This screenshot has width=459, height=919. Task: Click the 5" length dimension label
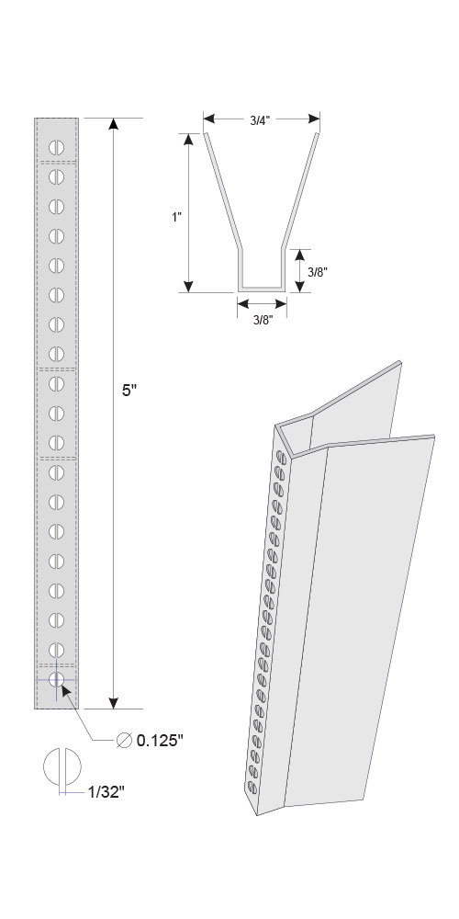(129, 391)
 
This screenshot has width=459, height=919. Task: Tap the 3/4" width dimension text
(260, 120)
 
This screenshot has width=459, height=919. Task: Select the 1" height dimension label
(176, 217)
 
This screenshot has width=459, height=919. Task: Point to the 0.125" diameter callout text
(161, 740)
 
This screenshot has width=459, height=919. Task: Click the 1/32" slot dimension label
(106, 792)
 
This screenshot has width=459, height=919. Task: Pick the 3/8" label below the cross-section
(262, 321)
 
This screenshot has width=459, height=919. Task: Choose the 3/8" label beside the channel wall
(318, 271)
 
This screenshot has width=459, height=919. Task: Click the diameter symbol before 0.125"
(124, 741)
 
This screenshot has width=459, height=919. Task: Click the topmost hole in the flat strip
(56, 147)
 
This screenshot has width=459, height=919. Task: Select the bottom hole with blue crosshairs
(56, 680)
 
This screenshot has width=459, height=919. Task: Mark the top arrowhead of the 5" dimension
(114, 124)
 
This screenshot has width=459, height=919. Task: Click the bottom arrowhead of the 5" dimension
(114, 703)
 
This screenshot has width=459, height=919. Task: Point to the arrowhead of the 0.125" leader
(65, 691)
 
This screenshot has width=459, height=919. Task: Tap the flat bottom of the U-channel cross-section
(262, 289)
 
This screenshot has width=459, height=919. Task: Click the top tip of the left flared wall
(205, 134)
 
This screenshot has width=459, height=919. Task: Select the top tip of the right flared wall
(318, 134)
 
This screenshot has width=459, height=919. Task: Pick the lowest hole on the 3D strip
(252, 788)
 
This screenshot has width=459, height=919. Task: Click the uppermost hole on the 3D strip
(281, 457)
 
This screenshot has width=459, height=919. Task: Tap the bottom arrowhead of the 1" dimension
(188, 286)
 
